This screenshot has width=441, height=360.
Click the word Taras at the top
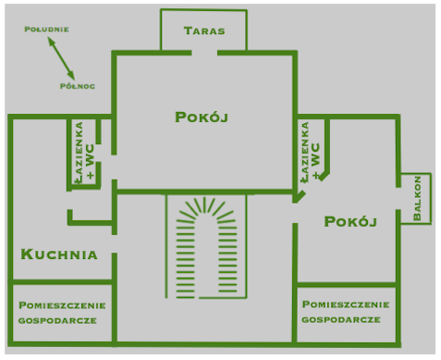[203, 31]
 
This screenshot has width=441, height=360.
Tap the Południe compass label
[47, 29]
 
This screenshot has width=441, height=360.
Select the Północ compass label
[74, 86]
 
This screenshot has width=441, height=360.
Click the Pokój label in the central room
[201, 118]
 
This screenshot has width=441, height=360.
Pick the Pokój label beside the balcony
[350, 221]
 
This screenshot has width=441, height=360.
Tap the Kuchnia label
[58, 254]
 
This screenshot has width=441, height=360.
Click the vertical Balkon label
[418, 197]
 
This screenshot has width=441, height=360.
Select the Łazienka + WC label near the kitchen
[85, 152]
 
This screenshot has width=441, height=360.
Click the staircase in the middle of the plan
[205, 247]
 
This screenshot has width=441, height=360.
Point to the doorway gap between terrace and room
[204, 53]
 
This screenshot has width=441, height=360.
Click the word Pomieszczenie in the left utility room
[62, 304]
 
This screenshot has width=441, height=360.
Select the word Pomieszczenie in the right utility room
[345, 304]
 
